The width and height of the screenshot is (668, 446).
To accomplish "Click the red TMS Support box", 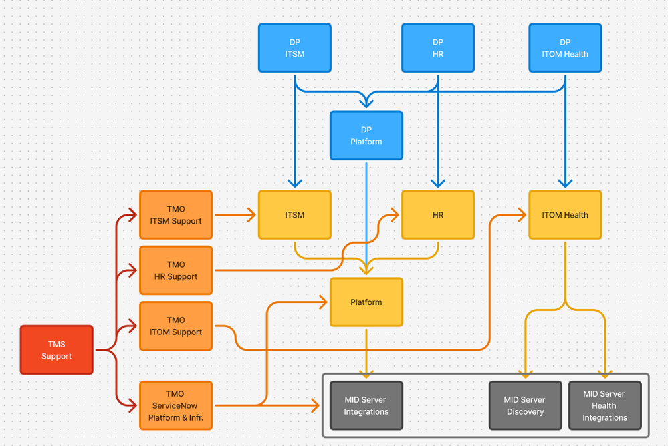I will (x=56, y=350).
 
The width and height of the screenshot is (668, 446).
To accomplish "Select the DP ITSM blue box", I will (x=294, y=48).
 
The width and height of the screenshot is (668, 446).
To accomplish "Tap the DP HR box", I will (x=437, y=48).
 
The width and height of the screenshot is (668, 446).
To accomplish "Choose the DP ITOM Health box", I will (x=565, y=48).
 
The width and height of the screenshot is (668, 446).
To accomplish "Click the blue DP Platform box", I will (x=366, y=136).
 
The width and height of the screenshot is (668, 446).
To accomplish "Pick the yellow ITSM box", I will (x=294, y=215).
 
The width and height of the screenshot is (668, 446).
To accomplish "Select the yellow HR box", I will (x=437, y=215).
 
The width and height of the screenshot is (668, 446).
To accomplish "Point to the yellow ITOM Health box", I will (x=565, y=215).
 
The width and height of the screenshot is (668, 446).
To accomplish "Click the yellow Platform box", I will (x=366, y=302).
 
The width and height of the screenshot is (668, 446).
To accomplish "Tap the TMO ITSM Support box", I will (x=176, y=215).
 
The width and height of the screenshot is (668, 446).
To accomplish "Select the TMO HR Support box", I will (x=176, y=270).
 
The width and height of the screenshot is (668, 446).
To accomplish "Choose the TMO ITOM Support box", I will (x=176, y=326).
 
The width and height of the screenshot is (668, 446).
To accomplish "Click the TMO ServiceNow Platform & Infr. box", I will (x=176, y=405).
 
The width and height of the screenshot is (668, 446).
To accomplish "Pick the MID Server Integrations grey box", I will (x=366, y=405).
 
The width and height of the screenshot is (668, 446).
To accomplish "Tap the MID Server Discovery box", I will (x=525, y=405).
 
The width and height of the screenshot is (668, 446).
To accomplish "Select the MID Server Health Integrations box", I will (x=604, y=405).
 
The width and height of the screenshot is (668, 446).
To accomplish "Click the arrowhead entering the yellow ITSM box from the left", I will (x=252, y=215).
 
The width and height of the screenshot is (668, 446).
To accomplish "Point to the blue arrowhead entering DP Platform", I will (x=366, y=103).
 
